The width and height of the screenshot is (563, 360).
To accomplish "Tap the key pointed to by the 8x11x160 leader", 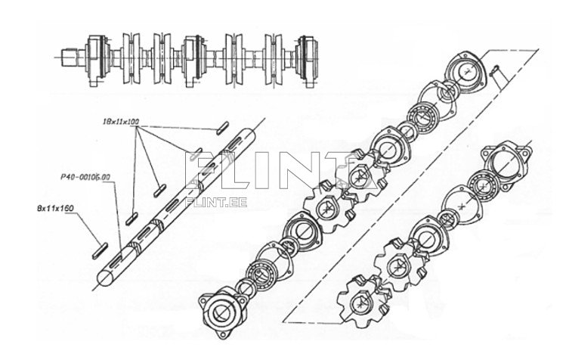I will (102, 247).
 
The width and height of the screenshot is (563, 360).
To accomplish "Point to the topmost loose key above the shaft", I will (222, 128).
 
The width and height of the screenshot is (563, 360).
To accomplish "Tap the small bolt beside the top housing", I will (496, 73).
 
